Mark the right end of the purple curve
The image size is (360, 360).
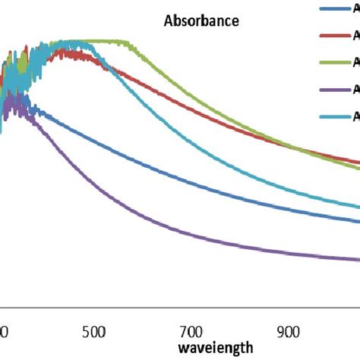pos(358,259)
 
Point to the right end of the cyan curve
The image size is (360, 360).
pos(358,206)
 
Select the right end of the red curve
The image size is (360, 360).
pos(358,162)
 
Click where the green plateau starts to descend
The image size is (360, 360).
pos(130,43)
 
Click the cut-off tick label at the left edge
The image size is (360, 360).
pos(3,332)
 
